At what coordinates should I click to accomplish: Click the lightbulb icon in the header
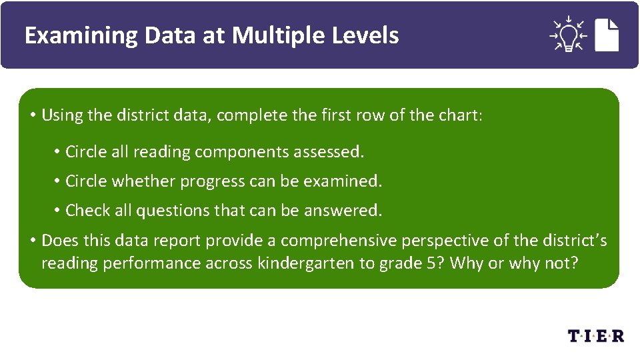[567, 35]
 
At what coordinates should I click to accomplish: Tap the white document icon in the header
[607, 35]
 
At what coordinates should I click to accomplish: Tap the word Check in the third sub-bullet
[88, 211]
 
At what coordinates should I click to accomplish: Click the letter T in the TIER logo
[575, 335]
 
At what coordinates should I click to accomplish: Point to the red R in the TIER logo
[617, 335]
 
